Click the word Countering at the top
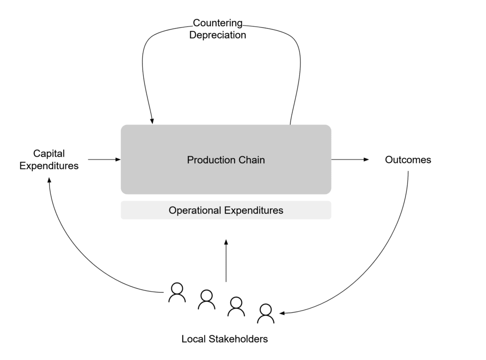click(x=218, y=23)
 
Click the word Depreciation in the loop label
click(x=218, y=35)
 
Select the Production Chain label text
click(x=226, y=160)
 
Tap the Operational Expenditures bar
click(x=226, y=210)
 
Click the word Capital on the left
click(x=49, y=153)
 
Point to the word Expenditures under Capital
click(x=49, y=166)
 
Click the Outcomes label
click(x=408, y=160)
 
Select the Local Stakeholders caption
click(x=224, y=339)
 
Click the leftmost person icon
click(x=177, y=293)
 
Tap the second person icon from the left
click(x=206, y=300)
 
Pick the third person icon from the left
click(x=236, y=306)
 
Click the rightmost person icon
click(x=265, y=313)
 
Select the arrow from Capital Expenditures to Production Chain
click(x=104, y=160)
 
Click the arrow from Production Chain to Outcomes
click(x=350, y=160)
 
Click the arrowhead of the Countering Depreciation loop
click(x=152, y=121)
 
